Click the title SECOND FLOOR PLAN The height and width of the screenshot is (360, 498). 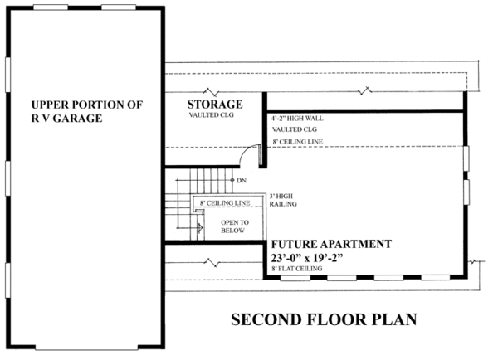coord(322,319)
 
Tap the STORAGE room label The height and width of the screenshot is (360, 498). coord(214,105)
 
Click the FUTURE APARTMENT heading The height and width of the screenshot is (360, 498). coord(331,245)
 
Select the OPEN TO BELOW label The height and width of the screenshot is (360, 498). coord(235,227)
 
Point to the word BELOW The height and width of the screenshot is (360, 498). coord(235,231)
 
